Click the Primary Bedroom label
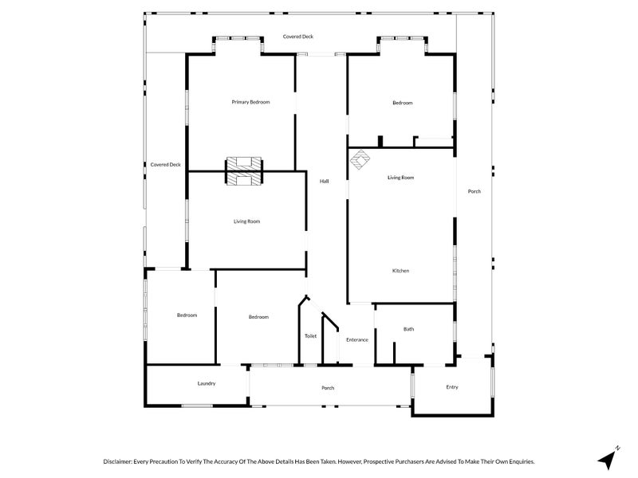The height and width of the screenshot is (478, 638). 250,102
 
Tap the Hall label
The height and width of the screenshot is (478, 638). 325,182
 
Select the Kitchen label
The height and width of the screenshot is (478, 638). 400,271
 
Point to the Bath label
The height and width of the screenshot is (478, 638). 408,329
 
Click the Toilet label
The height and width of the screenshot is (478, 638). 310,336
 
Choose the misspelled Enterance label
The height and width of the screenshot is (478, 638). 356,340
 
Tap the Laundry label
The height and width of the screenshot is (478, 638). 207,384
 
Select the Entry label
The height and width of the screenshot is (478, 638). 452,387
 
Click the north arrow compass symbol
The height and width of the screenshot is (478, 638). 609,458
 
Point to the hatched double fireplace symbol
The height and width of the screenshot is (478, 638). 243,170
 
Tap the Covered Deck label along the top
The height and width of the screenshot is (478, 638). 298,37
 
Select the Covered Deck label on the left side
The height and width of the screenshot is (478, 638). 166,165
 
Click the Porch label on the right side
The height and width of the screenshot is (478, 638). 474,191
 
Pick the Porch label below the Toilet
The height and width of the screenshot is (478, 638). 327,388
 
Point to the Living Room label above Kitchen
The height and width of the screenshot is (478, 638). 400,178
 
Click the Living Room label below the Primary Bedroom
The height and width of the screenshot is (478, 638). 246,221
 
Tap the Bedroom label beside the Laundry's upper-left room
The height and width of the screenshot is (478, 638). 187,315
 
